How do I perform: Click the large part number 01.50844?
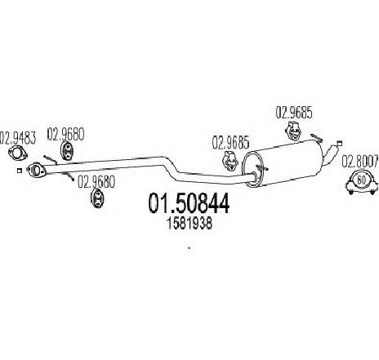[x=189, y=203]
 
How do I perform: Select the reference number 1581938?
[x=189, y=224]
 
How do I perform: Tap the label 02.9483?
[x=17, y=138]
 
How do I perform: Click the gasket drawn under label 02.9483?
[x=18, y=153]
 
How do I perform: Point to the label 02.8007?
[x=360, y=161]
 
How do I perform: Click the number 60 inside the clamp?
[x=361, y=180]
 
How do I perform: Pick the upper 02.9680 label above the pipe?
[x=65, y=134]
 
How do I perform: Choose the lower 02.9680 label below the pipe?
[x=96, y=182]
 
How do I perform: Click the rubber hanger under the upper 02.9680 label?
[x=66, y=150]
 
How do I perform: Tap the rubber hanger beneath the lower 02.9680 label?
[x=97, y=198]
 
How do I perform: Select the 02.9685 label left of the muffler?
[x=230, y=143]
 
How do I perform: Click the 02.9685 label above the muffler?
[x=294, y=113]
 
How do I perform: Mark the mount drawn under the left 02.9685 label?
[x=230, y=161]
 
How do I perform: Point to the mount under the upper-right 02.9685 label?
[x=293, y=131]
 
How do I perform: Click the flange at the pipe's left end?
[x=36, y=170]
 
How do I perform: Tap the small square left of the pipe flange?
[x=19, y=171]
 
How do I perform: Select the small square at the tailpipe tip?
[x=339, y=142]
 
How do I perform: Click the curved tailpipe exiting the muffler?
[x=330, y=154]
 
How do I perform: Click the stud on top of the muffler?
[x=317, y=138]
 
